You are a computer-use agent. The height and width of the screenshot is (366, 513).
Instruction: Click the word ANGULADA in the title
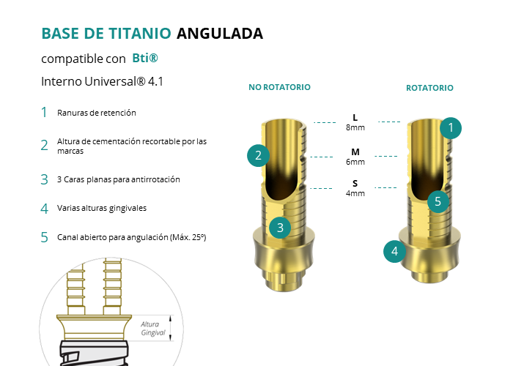(x=220, y=34)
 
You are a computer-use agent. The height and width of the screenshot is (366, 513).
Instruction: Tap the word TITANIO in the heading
(x=140, y=34)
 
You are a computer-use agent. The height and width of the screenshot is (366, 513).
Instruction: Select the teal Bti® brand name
(x=145, y=58)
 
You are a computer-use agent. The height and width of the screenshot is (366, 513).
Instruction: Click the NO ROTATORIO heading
(x=279, y=87)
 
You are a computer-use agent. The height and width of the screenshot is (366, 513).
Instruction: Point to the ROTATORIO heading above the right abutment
(x=429, y=88)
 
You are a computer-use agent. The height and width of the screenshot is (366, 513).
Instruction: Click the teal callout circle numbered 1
(x=451, y=128)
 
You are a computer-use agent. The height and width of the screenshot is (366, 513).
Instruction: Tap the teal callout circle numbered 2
(x=258, y=155)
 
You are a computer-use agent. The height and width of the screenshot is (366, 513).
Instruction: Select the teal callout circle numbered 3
(x=280, y=228)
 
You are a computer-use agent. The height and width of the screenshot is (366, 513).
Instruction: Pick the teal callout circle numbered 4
(x=394, y=251)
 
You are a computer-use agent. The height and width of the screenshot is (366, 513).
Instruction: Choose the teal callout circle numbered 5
(x=438, y=201)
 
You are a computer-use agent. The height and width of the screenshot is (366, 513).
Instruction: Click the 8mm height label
(x=355, y=127)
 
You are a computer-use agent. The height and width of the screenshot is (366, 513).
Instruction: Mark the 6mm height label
(x=355, y=162)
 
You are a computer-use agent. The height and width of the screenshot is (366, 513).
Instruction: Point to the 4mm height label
(x=355, y=193)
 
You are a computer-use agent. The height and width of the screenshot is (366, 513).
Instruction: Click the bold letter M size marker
(x=355, y=152)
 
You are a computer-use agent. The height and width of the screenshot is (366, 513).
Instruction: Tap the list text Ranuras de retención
(x=97, y=113)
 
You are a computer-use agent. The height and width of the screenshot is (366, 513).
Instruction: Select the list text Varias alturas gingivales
(x=102, y=208)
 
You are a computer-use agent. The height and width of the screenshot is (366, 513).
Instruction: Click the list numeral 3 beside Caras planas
(x=44, y=180)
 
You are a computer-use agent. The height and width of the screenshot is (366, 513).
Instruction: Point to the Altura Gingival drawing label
(x=153, y=329)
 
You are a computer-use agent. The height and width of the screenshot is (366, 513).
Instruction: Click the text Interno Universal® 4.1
(x=102, y=81)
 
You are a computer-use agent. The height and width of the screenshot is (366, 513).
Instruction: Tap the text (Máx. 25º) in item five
(x=188, y=237)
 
